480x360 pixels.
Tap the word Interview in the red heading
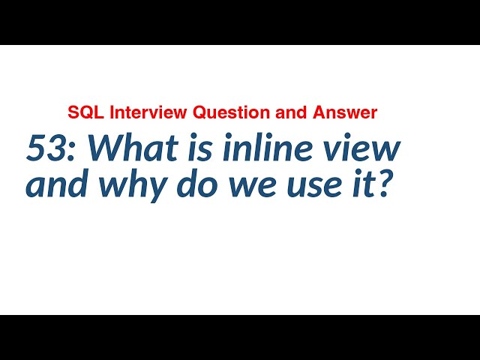coord(148,113)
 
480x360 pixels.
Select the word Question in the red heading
coord(229,113)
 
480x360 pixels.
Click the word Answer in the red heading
coord(349,113)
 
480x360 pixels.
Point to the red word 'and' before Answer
coord(298,113)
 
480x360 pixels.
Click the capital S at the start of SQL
coord(73,113)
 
